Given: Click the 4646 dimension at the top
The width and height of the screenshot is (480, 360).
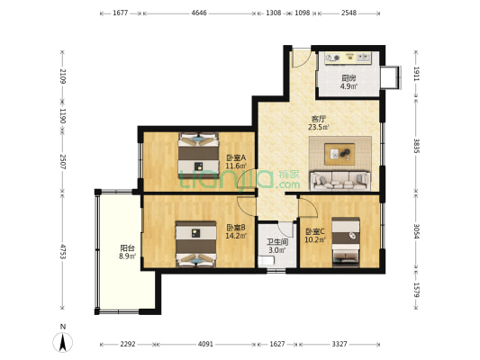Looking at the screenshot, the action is (x=199, y=13).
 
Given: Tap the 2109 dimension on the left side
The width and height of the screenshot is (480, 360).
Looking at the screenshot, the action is (x=63, y=76).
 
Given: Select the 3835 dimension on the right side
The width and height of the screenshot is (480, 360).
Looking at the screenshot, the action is (x=416, y=146).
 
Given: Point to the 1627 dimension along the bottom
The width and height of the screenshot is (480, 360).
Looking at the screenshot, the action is (x=277, y=344).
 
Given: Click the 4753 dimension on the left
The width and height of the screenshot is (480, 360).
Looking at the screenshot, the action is (x=63, y=251).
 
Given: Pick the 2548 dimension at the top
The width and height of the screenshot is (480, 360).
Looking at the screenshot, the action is (x=349, y=13).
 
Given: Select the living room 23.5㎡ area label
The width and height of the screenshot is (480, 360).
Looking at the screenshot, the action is (x=319, y=127).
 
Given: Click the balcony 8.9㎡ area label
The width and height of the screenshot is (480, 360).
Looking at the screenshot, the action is (x=127, y=256).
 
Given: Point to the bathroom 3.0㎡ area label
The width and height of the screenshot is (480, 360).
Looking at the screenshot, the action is (x=276, y=250).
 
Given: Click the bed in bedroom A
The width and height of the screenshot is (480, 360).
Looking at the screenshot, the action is (x=199, y=155).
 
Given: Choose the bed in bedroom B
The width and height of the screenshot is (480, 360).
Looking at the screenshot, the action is (x=196, y=244).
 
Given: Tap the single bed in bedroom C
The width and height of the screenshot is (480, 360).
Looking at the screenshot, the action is (x=346, y=241).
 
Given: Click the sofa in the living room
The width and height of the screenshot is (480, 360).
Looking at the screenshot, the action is (x=340, y=181).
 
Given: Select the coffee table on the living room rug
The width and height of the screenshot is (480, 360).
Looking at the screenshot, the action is (x=340, y=154).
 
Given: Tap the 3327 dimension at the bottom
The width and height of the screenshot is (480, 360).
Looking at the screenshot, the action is (x=340, y=344).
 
